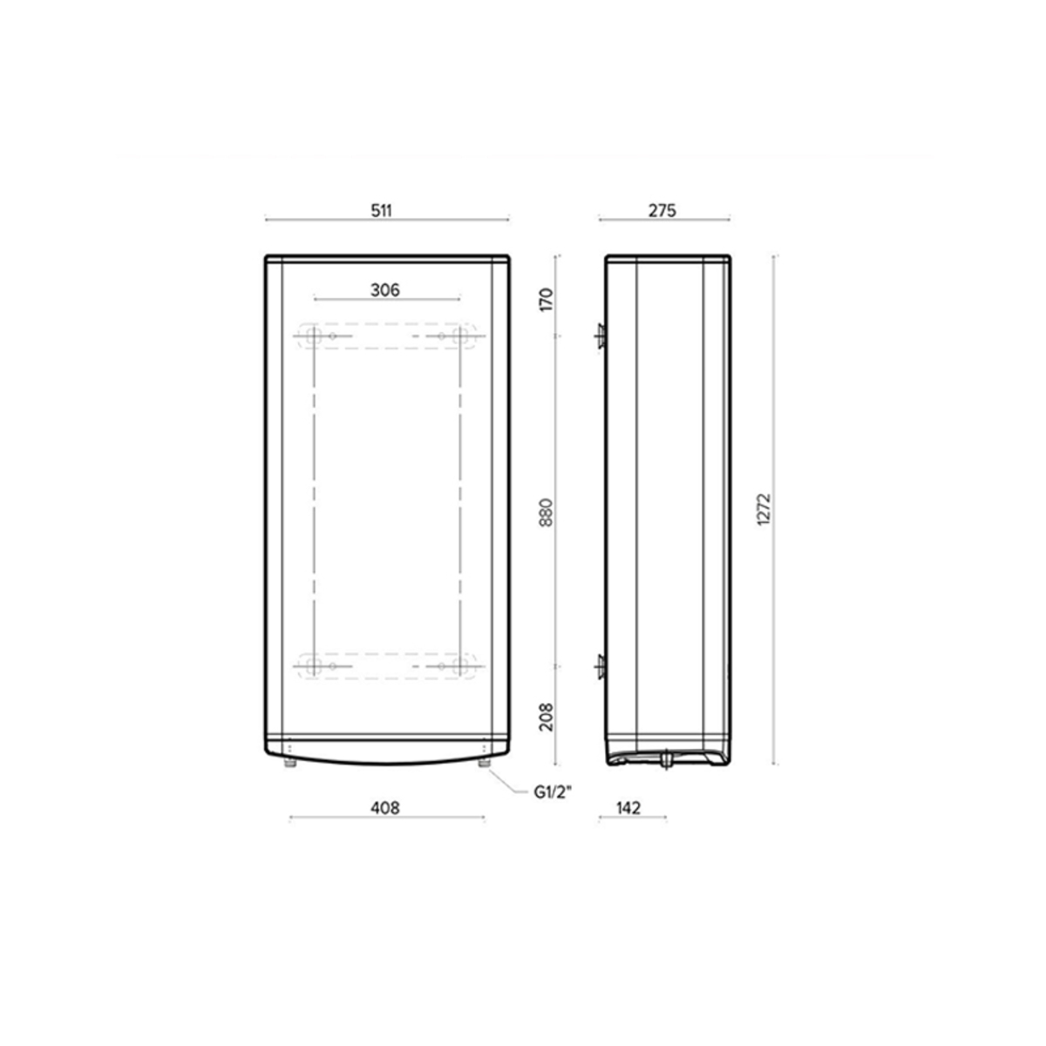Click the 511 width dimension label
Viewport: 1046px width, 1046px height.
[x=381, y=211]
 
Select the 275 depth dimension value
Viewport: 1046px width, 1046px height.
[x=662, y=211]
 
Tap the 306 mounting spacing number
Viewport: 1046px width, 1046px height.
[x=385, y=290]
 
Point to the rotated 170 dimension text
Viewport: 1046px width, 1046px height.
[x=546, y=300]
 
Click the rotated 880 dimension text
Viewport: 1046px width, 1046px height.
[x=546, y=512]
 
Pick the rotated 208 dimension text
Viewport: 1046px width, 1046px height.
[x=546, y=717]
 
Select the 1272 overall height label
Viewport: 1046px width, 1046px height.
[x=764, y=508]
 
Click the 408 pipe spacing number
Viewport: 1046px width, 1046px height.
[x=385, y=808]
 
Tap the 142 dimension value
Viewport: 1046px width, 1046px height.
[x=628, y=808]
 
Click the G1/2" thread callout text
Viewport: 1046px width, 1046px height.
[x=554, y=793]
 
